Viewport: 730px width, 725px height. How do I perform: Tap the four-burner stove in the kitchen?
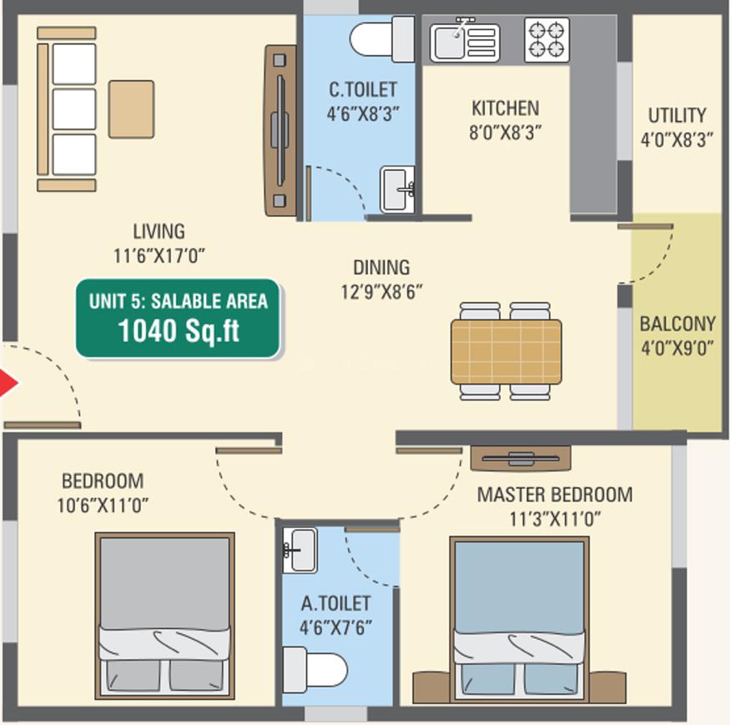(x=546, y=40)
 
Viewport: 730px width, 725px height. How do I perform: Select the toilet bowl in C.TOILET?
(x=382, y=39)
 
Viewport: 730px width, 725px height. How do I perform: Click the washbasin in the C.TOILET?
(x=397, y=189)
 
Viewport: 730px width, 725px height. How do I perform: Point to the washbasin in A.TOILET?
(x=300, y=550)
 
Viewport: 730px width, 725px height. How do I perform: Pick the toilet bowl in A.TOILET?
(x=315, y=670)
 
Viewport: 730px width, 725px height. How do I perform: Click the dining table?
(x=506, y=351)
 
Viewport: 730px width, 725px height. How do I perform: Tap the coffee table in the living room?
(x=131, y=109)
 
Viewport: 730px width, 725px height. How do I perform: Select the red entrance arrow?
(x=8, y=383)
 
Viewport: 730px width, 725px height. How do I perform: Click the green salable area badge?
(x=179, y=318)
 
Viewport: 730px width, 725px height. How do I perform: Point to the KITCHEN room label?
(x=505, y=108)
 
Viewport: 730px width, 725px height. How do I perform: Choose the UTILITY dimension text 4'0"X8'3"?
(x=677, y=139)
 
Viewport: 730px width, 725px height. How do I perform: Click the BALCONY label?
(x=677, y=324)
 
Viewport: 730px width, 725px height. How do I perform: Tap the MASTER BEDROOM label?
(x=555, y=495)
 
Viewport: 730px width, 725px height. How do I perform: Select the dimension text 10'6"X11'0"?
(x=103, y=505)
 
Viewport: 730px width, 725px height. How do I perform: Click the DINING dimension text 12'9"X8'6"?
(x=382, y=292)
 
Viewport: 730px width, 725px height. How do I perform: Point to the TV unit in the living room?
(x=280, y=130)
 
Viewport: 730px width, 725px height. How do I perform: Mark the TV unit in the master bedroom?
(x=521, y=458)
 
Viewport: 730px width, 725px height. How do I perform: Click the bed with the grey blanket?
(x=165, y=616)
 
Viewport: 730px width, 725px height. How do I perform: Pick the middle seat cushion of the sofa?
(x=74, y=109)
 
